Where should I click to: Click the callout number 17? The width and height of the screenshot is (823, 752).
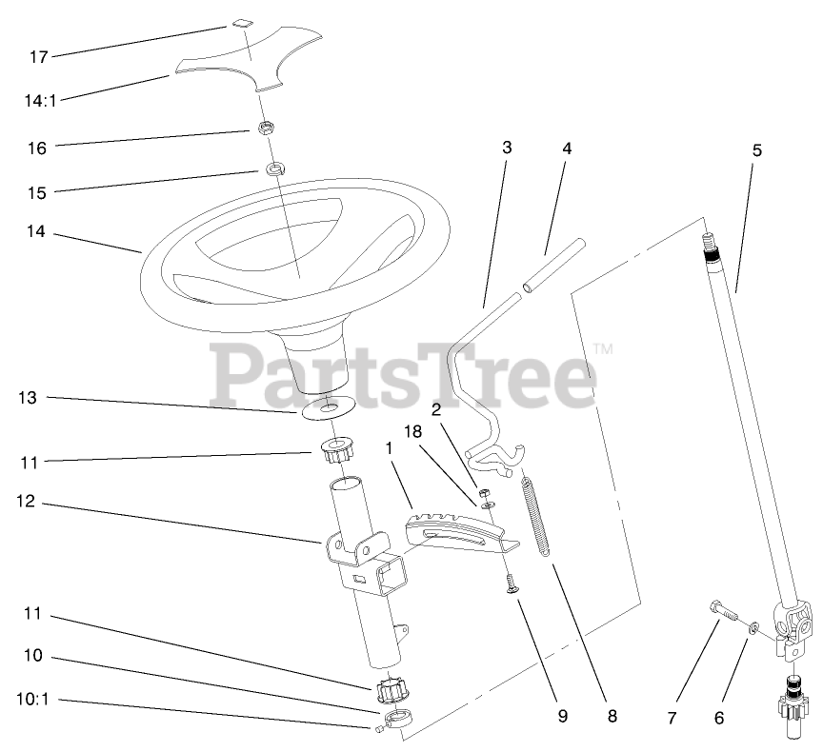point(38,57)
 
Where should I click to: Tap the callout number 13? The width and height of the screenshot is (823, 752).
point(27,398)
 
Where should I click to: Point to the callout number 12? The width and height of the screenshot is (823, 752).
point(27,501)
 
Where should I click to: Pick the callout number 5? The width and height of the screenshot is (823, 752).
point(757,149)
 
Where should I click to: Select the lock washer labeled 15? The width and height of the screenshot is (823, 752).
point(274,169)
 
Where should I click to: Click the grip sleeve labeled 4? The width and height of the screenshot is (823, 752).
point(552,267)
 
